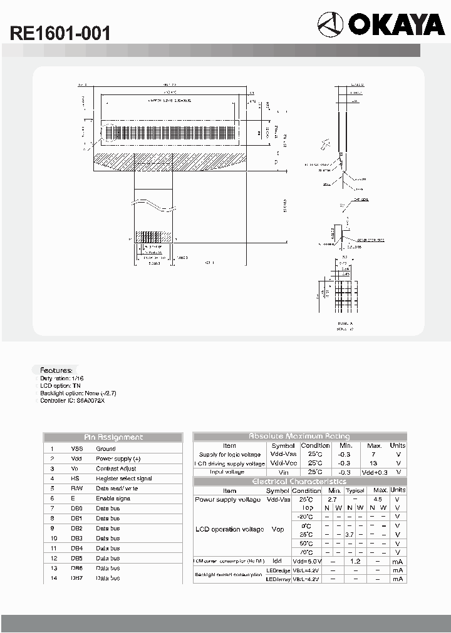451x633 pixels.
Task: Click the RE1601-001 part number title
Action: coord(60,34)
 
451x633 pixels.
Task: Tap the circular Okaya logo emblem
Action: coord(331,26)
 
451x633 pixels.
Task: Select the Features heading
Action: coord(56,370)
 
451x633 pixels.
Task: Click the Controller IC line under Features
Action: coord(73,400)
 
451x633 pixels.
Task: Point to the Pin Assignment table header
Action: coord(113,437)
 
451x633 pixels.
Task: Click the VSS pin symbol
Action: coord(76,448)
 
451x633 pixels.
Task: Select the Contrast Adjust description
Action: coord(116,468)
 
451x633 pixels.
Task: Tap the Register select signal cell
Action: coord(123,479)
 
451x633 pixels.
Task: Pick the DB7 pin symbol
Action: coord(76,578)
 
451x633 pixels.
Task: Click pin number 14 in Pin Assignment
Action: coord(54,578)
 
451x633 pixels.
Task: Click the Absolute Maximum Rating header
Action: coord(299,436)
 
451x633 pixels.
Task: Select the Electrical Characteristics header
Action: coord(299,481)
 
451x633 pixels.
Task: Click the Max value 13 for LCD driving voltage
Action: coord(374,463)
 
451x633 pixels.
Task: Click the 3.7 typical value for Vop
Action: coord(350,535)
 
